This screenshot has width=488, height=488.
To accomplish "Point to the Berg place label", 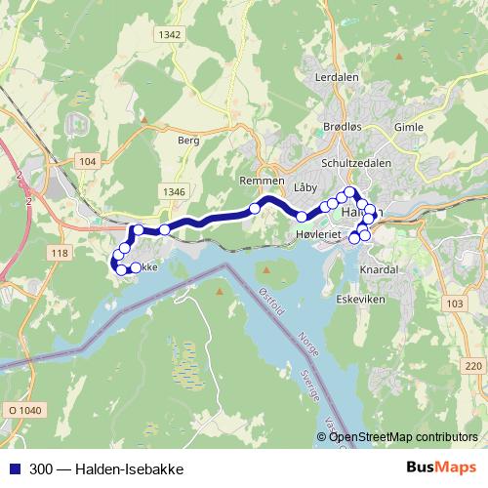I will coord(188,141).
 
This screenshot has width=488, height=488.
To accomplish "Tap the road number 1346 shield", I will coord(174,191).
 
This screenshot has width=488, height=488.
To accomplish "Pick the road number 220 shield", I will coord(472,365).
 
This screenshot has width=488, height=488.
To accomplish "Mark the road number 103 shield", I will coord(452,305).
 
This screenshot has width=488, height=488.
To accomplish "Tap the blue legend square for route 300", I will coord(11,468).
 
